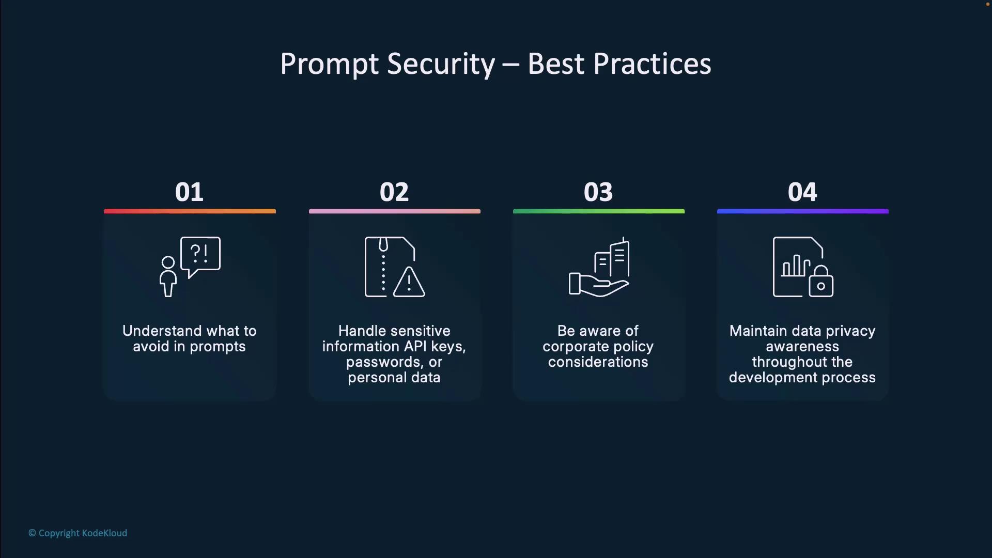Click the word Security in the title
point(441,65)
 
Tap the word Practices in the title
point(652,64)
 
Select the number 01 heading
point(189,192)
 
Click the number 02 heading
point(394,192)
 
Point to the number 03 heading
point(598,192)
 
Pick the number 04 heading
point(802,192)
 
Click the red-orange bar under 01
point(190,211)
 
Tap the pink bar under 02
point(395,211)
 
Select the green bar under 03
point(599,211)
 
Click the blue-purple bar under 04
point(803,211)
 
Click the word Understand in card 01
point(162,331)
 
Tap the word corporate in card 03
point(577,347)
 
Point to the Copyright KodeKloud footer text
point(78,533)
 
